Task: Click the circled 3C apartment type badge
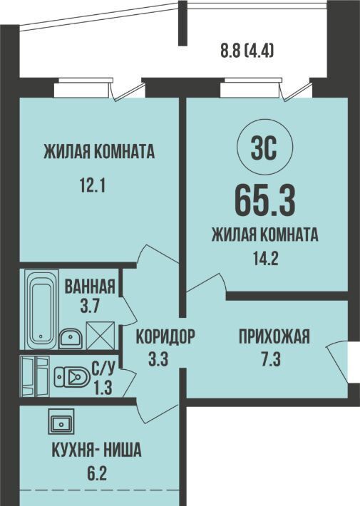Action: click(x=264, y=149)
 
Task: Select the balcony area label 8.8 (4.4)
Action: click(x=247, y=51)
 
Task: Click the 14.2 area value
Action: click(x=265, y=258)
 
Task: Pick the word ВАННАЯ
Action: click(x=90, y=286)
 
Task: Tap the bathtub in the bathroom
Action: click(x=41, y=310)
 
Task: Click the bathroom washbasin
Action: click(x=71, y=339)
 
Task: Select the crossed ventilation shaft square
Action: click(x=101, y=336)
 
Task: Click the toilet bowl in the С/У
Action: click(x=72, y=376)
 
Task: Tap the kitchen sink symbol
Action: click(x=61, y=421)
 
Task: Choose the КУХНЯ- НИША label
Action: click(x=96, y=450)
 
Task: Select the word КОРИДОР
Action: click(x=165, y=336)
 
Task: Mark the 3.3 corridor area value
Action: click(x=158, y=359)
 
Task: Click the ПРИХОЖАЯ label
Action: click(x=274, y=336)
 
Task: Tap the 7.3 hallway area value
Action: click(x=271, y=359)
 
